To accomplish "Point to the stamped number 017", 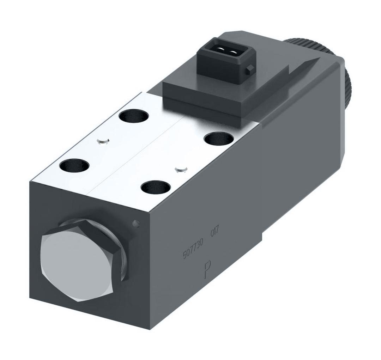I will click(x=215, y=233).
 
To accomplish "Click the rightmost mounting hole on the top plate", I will click(x=218, y=139).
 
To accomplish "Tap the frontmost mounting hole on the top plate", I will click(x=155, y=187).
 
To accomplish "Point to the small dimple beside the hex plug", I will click(x=135, y=223).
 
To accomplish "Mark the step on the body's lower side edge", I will click(x=262, y=236).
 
